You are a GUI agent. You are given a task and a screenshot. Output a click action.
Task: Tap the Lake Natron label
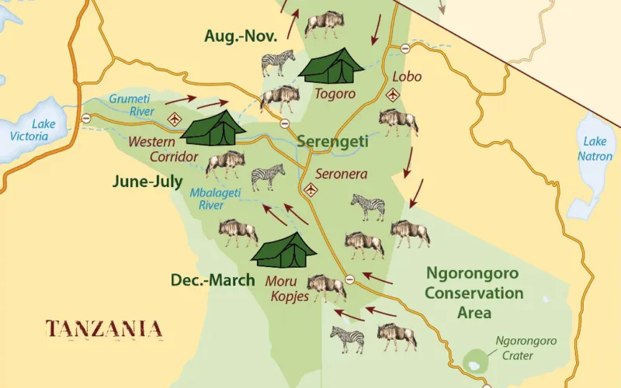595,148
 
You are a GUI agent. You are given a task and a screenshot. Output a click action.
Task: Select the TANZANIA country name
104,328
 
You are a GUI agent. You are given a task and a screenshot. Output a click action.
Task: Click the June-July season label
147,182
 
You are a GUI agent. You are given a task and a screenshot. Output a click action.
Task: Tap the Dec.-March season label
213,280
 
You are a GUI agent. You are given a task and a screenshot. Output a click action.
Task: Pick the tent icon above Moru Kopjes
284,249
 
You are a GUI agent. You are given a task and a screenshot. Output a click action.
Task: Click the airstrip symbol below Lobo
392,95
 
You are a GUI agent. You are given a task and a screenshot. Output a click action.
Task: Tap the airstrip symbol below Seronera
312,189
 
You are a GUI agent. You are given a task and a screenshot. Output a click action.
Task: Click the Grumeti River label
130,105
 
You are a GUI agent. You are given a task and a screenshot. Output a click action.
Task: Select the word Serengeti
332,143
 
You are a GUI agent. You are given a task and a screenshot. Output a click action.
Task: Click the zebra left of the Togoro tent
278,62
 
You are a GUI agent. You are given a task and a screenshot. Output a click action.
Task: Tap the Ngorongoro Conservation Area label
474,293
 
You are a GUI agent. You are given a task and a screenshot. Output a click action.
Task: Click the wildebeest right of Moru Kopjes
326,287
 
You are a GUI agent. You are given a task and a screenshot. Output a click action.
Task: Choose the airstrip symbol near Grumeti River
174,120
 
